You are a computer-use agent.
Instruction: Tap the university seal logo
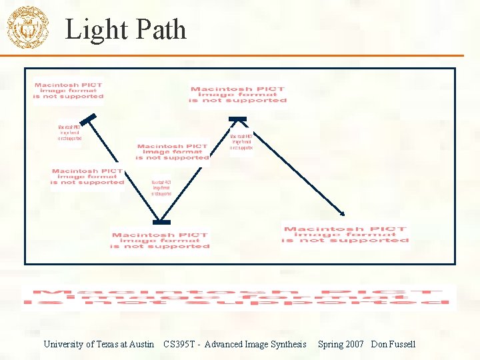tap(27, 28)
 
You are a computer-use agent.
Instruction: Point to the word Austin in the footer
tap(142, 344)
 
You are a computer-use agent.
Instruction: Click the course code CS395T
tap(179, 344)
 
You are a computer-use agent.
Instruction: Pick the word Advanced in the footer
tap(227, 344)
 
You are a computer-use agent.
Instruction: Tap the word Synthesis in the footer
tap(287, 344)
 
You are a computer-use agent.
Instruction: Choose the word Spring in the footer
tap(331, 344)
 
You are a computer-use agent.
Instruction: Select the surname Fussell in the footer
tap(402, 344)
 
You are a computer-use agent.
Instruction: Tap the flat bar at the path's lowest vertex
tap(161, 222)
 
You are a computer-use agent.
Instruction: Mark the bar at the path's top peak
tap(238, 120)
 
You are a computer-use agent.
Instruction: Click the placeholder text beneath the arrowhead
tap(345, 235)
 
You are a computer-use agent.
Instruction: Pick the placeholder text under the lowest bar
tap(160, 241)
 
